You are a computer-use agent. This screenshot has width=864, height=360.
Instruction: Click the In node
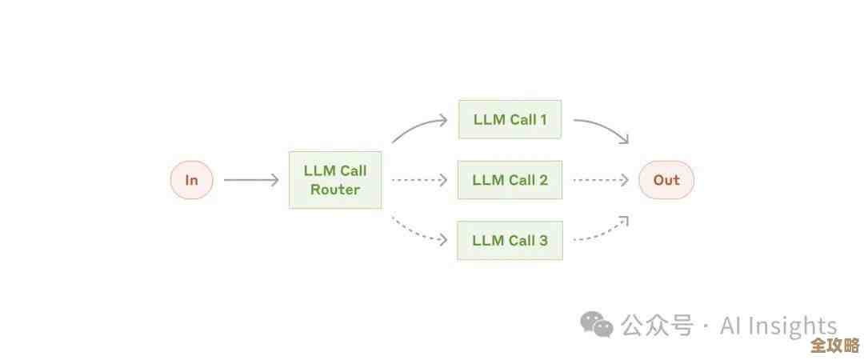pyautogui.click(x=191, y=180)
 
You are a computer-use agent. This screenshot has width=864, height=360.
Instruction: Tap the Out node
pyautogui.click(x=666, y=180)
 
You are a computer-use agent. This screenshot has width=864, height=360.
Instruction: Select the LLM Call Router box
pyautogui.click(x=335, y=180)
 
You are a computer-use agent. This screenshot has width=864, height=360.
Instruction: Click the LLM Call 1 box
pyautogui.click(x=510, y=120)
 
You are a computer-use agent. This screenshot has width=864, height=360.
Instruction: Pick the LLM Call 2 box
pyautogui.click(x=510, y=180)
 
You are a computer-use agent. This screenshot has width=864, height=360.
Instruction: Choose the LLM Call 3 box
pyautogui.click(x=510, y=240)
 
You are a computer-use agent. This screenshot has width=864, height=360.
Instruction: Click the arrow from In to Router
pyautogui.click(x=250, y=180)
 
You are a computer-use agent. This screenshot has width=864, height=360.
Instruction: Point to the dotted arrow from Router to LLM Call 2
pyautogui.click(x=419, y=180)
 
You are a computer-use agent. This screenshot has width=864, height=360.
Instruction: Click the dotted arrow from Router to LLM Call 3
pyautogui.click(x=418, y=231)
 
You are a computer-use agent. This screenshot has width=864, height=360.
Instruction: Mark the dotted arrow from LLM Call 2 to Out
pyautogui.click(x=600, y=180)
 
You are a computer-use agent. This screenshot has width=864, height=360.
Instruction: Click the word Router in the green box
pyautogui.click(x=335, y=190)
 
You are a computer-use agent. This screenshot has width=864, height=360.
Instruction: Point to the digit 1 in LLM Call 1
pyautogui.click(x=543, y=120)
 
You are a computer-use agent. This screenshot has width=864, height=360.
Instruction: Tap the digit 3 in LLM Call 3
pyautogui.click(x=543, y=240)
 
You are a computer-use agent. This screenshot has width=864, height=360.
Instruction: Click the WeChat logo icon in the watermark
pyautogui.click(x=597, y=324)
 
